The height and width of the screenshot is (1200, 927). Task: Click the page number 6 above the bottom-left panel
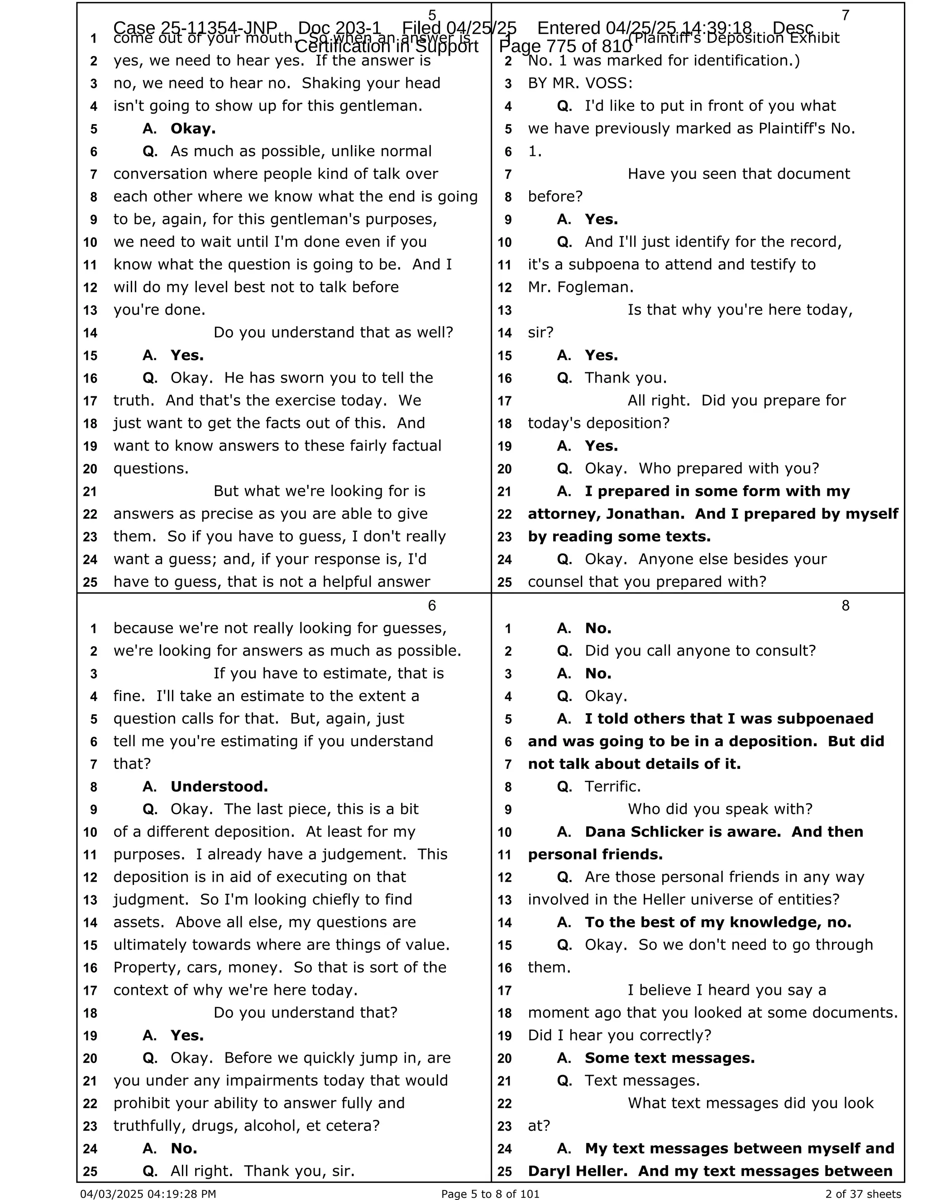(x=432, y=605)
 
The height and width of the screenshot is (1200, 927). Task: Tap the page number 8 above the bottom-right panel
(x=845, y=605)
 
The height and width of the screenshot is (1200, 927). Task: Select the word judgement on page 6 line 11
(x=361, y=854)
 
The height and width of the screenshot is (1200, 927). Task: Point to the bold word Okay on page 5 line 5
(x=193, y=129)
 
